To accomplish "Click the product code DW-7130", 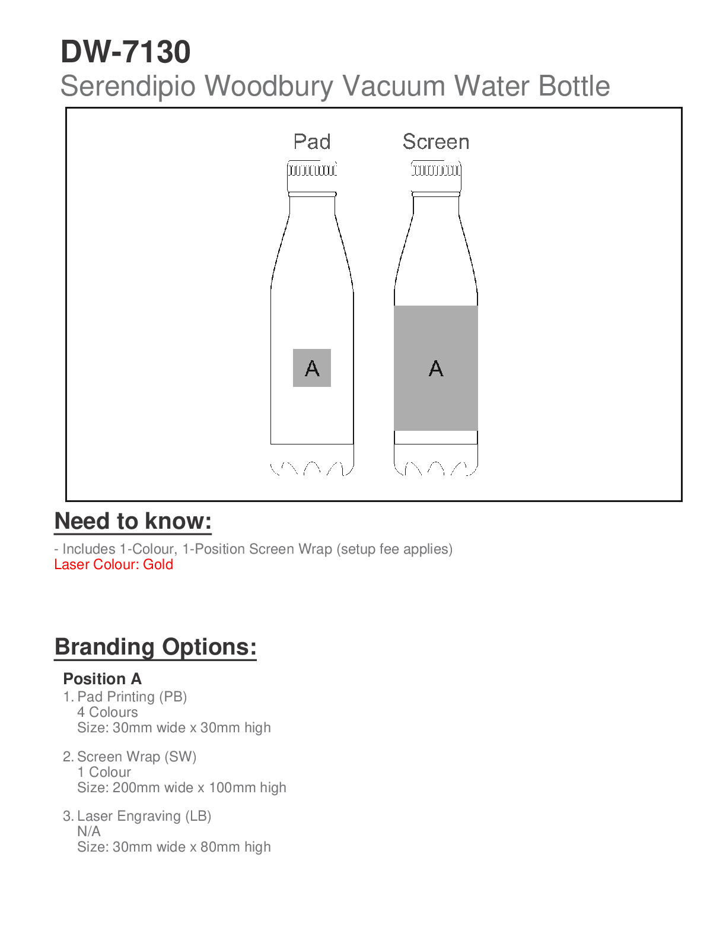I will pyautogui.click(x=125, y=52).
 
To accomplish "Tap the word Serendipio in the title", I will pyautogui.click(x=128, y=86).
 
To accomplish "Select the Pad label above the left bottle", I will pyautogui.click(x=312, y=142).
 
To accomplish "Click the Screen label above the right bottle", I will pyautogui.click(x=436, y=142).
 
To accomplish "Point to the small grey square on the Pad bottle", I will pyautogui.click(x=312, y=368).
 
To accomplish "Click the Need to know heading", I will pyautogui.click(x=133, y=521).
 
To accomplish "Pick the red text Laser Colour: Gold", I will pyautogui.click(x=113, y=564).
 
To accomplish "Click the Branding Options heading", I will pyautogui.click(x=155, y=647).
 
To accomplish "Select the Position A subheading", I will pyautogui.click(x=102, y=679).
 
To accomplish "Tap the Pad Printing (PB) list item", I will pyautogui.click(x=132, y=697).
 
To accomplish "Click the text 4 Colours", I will pyautogui.click(x=107, y=712).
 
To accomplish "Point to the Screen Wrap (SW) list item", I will pyautogui.click(x=136, y=757).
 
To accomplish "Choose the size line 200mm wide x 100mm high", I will pyautogui.click(x=181, y=787).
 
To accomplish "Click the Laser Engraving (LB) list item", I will pyautogui.click(x=144, y=816).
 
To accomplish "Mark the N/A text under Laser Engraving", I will pyautogui.click(x=89, y=831).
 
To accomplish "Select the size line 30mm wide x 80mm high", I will pyautogui.click(x=174, y=847).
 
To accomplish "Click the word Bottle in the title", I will pyautogui.click(x=574, y=86).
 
